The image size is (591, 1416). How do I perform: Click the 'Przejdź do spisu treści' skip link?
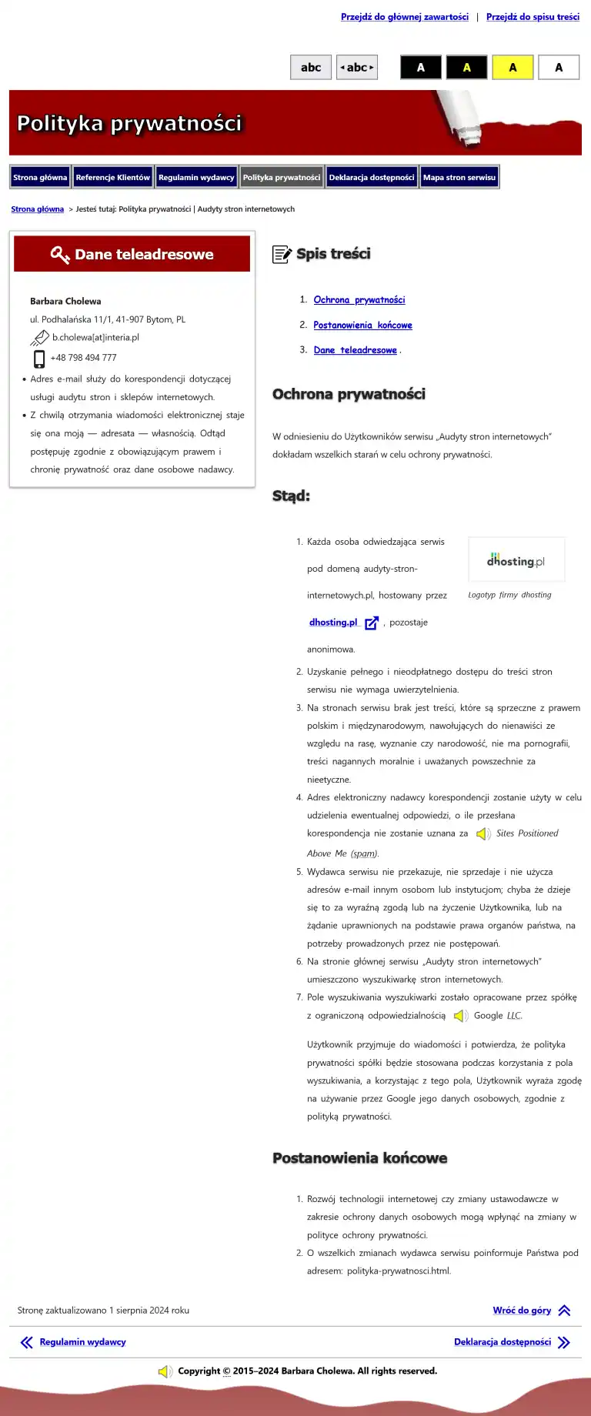[533, 17]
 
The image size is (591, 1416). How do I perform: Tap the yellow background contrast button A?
[513, 68]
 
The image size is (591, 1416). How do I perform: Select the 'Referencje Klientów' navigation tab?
[112, 177]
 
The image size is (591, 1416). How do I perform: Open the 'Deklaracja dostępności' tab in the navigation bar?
[372, 177]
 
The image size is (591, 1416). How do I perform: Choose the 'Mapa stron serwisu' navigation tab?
[459, 177]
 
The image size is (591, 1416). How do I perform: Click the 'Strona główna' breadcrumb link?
[37, 209]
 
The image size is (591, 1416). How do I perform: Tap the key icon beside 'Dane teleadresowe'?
[59, 255]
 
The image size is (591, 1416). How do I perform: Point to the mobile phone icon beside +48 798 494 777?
[39, 359]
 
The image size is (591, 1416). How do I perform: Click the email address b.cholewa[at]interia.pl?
[95, 338]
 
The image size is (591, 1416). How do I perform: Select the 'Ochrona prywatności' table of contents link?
[359, 300]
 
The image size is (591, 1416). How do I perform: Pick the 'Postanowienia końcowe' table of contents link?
[362, 326]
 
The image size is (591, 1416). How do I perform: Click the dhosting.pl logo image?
[516, 560]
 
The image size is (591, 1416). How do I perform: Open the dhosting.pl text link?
[333, 623]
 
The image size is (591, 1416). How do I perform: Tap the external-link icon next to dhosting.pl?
[372, 623]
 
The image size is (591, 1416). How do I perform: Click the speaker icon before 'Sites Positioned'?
[483, 834]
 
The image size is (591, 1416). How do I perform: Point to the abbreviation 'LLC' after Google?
[514, 1016]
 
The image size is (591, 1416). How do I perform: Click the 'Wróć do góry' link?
[522, 1311]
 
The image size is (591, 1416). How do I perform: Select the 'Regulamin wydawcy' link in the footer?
[82, 1342]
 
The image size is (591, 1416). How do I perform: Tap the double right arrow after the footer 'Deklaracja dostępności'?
[564, 1343]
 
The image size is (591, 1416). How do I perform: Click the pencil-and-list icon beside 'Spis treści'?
[282, 255]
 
